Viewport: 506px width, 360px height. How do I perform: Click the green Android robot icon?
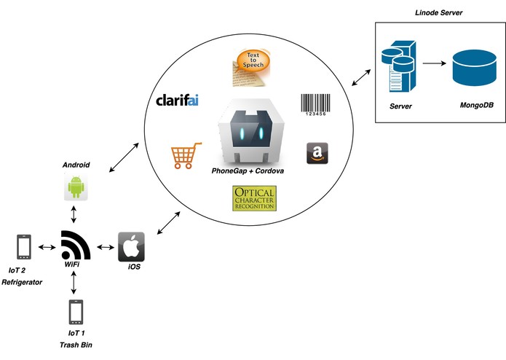pos(76,187)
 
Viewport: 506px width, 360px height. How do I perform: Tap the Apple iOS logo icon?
pos(131,246)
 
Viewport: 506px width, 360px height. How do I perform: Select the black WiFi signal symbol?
pos(76,245)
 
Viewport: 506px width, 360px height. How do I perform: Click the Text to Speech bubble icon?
pos(251,68)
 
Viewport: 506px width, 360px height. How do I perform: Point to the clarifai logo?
pos(177,101)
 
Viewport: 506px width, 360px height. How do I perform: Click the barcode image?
pos(315,105)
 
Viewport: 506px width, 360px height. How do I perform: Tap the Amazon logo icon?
pos(317,153)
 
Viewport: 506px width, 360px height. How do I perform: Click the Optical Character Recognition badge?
pos(254,198)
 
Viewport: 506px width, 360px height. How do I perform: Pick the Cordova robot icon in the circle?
pos(251,131)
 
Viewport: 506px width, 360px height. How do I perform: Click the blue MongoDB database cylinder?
pos(475,68)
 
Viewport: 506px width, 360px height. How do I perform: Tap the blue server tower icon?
pos(399,66)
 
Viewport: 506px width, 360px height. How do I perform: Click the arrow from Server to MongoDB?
pos(435,63)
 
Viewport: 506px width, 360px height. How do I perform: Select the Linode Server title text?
pos(438,13)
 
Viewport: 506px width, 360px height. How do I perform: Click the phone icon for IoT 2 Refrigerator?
pos(24,247)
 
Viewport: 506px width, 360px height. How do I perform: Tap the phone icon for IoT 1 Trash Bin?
pos(76,312)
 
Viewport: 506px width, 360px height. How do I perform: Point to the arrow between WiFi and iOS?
pos(106,248)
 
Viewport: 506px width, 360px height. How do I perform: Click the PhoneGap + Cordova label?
pos(248,171)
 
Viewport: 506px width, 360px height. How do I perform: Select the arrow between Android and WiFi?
pos(74,214)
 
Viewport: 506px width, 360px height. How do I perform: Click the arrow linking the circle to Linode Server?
pos(361,77)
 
